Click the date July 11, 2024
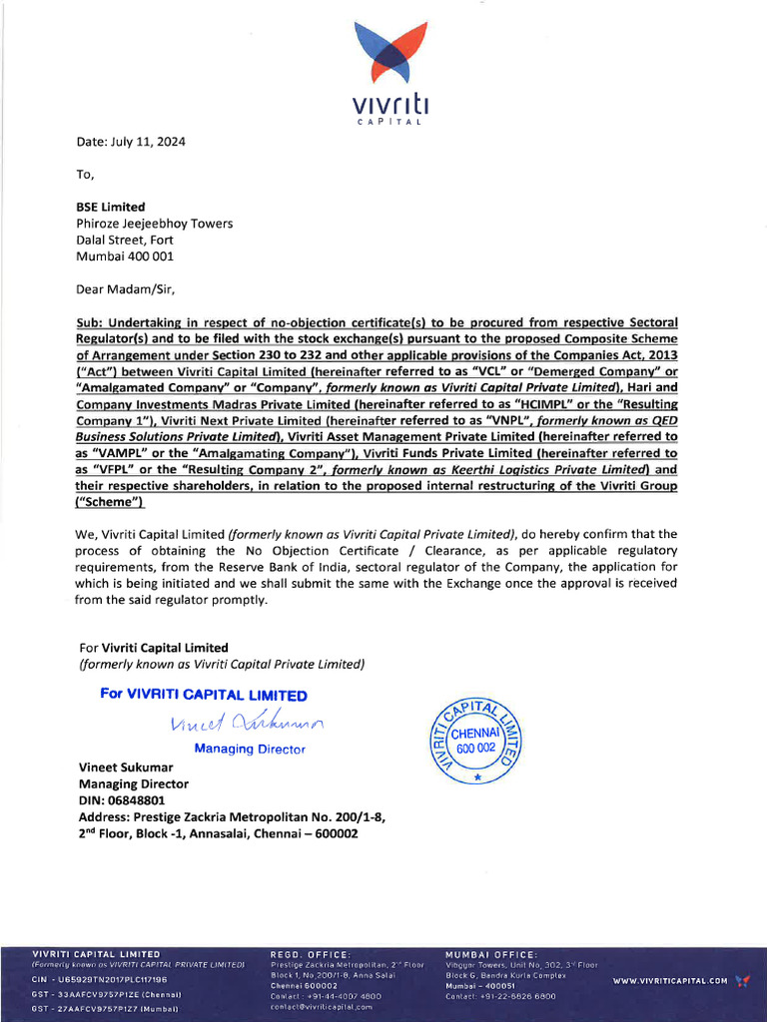(131, 142)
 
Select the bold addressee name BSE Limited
(110, 207)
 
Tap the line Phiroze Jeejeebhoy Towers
(154, 224)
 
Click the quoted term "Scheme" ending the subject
(109, 501)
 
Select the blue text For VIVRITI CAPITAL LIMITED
(204, 695)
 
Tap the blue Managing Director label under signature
(250, 749)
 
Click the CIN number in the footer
(99, 980)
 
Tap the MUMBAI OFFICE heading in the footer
(491, 955)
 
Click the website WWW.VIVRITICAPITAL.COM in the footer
(670, 981)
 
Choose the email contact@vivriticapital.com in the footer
(322, 1007)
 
